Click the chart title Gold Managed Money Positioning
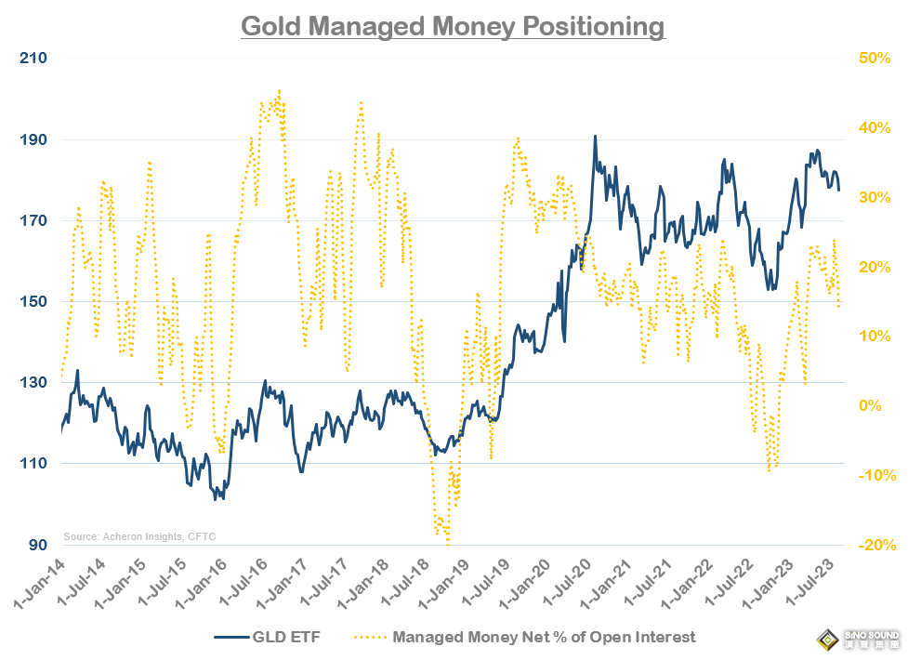pos(453,25)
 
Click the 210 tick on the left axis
pos(33,59)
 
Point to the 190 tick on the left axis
pos(33,140)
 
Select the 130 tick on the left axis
pos(33,383)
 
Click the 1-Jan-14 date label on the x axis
pos(39,584)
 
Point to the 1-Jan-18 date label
pos(362,584)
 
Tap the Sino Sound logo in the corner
pos(854,639)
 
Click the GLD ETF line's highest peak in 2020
pos(595,137)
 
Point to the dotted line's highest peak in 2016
pos(279,91)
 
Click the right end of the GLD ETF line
pos(839,190)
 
